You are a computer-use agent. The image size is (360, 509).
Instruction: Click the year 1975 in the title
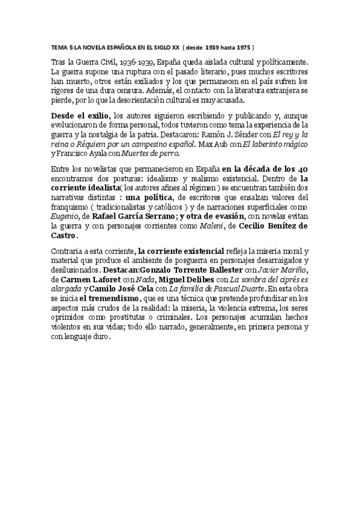tap(242, 46)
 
